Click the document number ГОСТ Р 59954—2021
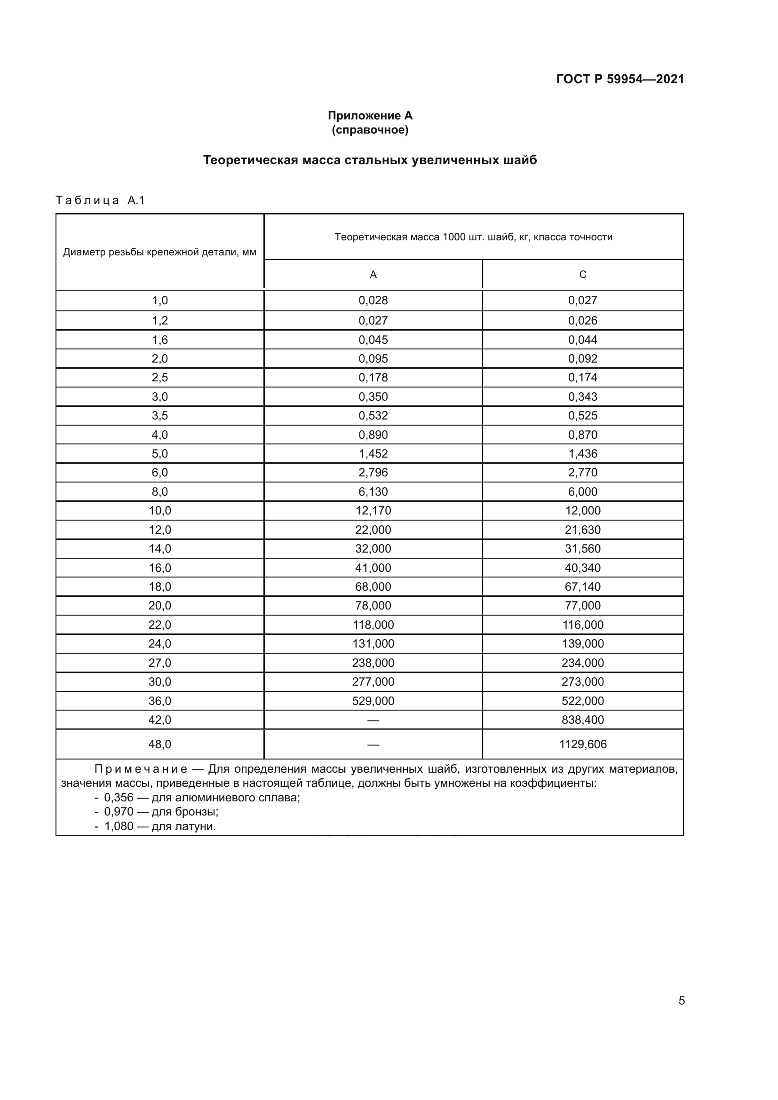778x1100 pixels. click(620, 79)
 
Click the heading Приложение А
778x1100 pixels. click(370, 116)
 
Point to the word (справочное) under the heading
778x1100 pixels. click(370, 130)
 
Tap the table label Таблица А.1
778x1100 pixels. click(100, 200)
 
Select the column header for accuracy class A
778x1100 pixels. click(373, 275)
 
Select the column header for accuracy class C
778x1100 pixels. click(582, 275)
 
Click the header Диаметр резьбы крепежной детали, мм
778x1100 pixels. click(159, 252)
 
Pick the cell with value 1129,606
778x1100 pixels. click(582, 744)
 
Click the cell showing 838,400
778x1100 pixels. click(582, 720)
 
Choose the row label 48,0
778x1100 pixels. click(159, 744)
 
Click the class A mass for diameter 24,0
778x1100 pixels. click(373, 643)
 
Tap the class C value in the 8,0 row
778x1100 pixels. click(582, 491)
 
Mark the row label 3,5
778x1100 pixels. click(159, 415)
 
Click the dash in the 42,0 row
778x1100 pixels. click(373, 720)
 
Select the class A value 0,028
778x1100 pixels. click(373, 301)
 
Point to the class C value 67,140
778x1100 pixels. click(582, 586)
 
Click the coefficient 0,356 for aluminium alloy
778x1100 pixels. click(119, 798)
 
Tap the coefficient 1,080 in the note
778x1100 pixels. click(119, 826)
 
